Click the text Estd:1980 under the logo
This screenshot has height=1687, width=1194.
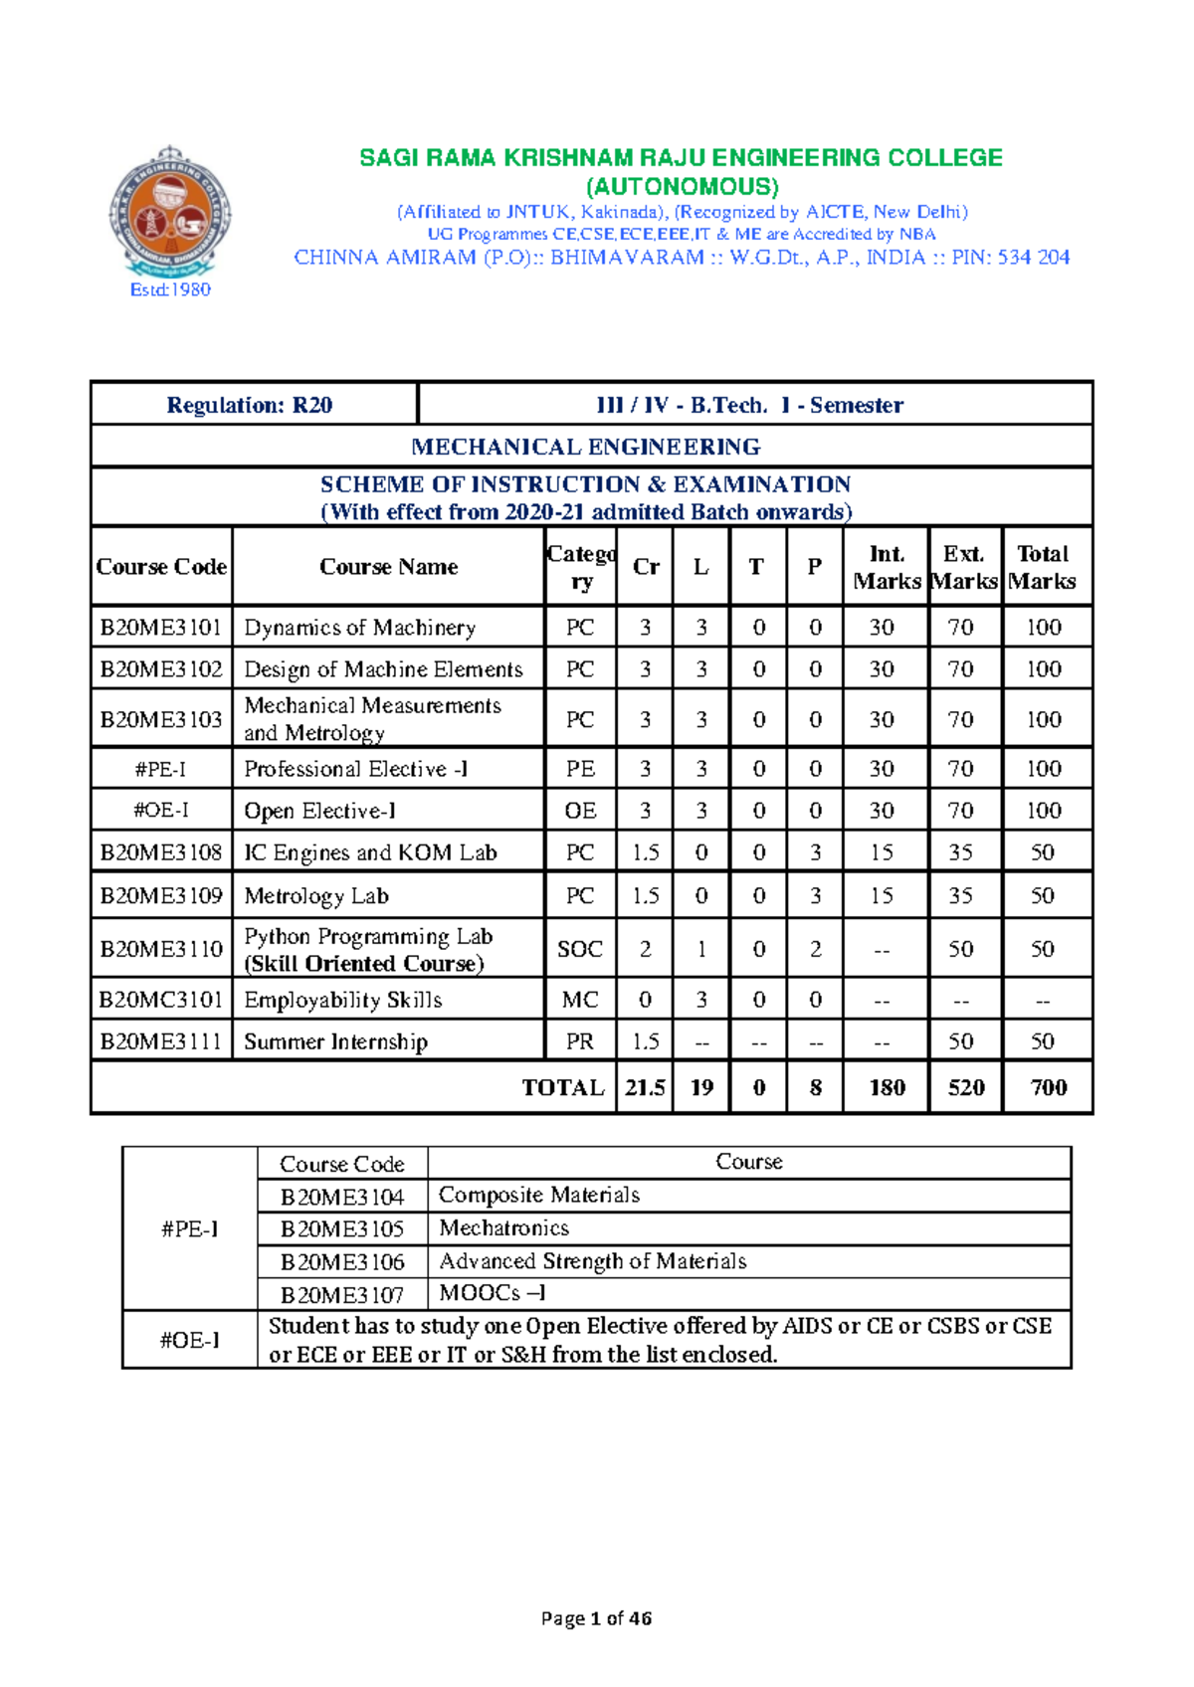click(x=170, y=289)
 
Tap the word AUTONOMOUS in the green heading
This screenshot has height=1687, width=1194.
click(x=682, y=186)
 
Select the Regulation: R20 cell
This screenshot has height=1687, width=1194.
click(x=250, y=405)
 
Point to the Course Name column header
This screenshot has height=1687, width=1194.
click(x=388, y=567)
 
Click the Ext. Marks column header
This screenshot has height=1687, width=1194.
click(x=964, y=567)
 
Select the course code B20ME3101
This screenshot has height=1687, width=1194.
click(x=161, y=628)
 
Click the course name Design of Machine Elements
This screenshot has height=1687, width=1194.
click(x=383, y=669)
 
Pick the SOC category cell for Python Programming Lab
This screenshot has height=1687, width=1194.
click(x=580, y=949)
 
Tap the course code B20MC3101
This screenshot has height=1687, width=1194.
click(x=161, y=1000)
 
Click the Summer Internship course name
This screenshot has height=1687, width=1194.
click(x=335, y=1041)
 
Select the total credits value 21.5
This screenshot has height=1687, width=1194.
click(x=645, y=1087)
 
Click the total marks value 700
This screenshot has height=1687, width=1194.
click(x=1049, y=1087)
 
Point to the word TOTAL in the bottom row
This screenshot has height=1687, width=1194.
click(x=563, y=1087)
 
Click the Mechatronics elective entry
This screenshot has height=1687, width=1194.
click(x=504, y=1227)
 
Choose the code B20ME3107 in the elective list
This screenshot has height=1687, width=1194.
click(x=342, y=1295)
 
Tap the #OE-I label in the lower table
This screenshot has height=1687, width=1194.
click(x=189, y=1340)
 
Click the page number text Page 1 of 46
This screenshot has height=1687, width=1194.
click(x=596, y=1618)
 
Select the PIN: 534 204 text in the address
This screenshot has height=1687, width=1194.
click(x=1010, y=258)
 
